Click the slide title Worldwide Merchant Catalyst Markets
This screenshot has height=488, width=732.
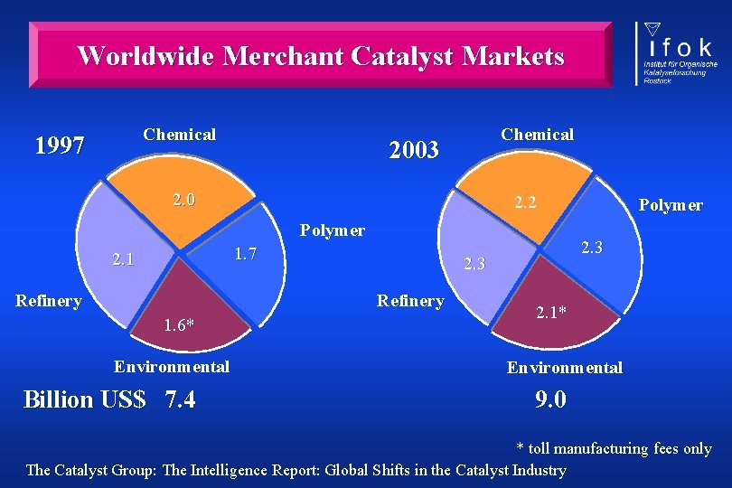321,56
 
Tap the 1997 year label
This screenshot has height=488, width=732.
59,145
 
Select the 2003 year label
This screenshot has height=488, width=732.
413,149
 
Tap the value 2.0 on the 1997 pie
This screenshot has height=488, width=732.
183,200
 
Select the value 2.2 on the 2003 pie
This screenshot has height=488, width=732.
524,202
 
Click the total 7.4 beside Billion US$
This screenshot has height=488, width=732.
181,399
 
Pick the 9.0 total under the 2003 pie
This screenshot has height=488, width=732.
550,399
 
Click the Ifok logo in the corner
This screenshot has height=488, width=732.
677,54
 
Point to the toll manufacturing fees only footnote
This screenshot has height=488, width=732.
614,448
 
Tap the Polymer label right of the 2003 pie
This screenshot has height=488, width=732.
670,205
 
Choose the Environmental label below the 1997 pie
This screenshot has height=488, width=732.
171,366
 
